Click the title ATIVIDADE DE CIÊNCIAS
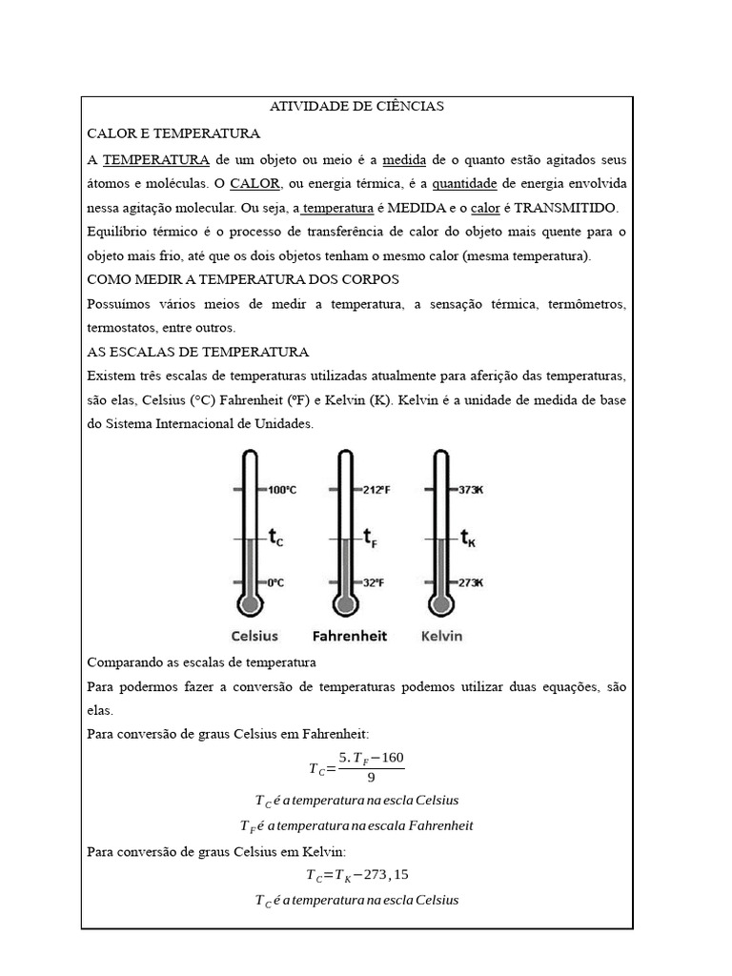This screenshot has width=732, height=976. (x=356, y=107)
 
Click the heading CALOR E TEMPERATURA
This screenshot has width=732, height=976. (x=173, y=133)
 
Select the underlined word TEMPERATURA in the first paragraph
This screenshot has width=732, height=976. (x=156, y=159)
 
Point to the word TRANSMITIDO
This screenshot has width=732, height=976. (x=566, y=208)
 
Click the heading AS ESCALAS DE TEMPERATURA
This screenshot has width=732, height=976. (x=197, y=352)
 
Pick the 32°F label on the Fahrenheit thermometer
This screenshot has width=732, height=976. (x=372, y=582)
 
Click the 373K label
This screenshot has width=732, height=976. (x=470, y=490)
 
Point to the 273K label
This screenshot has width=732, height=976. (x=470, y=582)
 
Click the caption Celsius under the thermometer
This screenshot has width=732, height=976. (x=254, y=636)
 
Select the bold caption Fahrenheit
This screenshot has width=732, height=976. (x=350, y=636)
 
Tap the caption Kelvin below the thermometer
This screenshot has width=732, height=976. (x=441, y=636)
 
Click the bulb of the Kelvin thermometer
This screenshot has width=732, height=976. (x=439, y=604)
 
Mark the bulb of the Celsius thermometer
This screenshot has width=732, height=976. (x=250, y=604)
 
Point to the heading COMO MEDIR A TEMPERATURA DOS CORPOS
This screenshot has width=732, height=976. (x=243, y=279)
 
